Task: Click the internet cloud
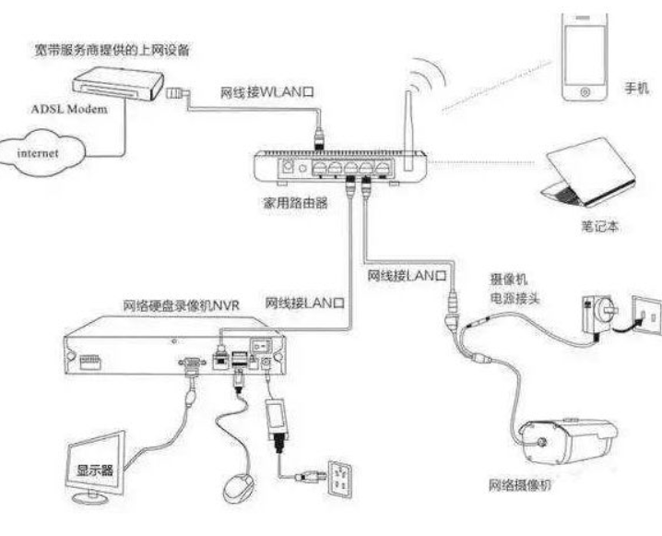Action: (x=41, y=153)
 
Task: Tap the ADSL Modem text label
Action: (x=69, y=110)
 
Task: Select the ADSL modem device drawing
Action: (x=117, y=83)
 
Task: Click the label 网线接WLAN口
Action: (x=267, y=92)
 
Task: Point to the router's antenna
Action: (x=408, y=130)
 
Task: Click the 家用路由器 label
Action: (x=295, y=203)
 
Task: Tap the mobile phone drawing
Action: (x=585, y=57)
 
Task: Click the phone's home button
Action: (x=585, y=91)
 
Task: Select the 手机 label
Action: (x=637, y=88)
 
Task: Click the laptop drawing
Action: (x=588, y=173)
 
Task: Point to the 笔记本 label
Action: (x=600, y=226)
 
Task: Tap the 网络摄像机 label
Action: (x=520, y=485)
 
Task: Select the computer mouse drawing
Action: (x=239, y=488)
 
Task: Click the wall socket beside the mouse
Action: (x=340, y=479)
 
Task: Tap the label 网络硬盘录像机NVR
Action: (x=181, y=305)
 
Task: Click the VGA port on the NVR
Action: (x=192, y=363)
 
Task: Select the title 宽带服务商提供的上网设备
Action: (x=112, y=50)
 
